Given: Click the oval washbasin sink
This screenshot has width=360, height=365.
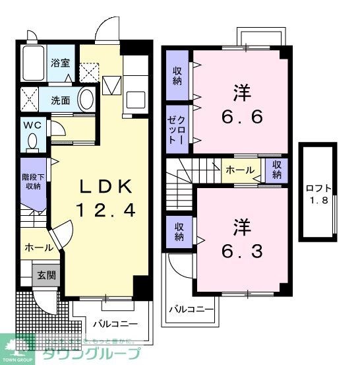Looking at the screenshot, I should click(x=86, y=100).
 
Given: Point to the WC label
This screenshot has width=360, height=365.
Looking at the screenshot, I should click(x=32, y=125).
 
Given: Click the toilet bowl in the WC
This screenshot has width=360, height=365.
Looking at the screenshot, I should click(x=32, y=141).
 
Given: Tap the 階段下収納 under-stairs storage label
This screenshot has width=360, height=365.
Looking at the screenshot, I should click(x=33, y=177).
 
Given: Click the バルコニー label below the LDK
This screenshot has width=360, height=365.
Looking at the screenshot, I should click(x=115, y=324).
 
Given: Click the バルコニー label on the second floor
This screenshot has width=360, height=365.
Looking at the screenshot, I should click(x=191, y=308).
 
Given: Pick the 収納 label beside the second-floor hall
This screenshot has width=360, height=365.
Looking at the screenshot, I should click(x=276, y=170).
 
